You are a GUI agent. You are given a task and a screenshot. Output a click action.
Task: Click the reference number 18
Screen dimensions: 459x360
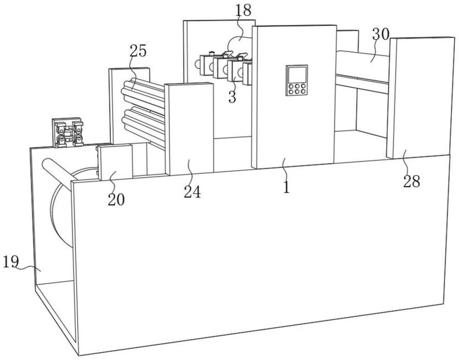(x=243, y=10)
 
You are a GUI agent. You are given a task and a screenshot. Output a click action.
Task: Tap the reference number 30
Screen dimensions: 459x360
(x=381, y=34)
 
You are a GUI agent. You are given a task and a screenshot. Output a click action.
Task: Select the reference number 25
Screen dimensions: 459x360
(x=138, y=51)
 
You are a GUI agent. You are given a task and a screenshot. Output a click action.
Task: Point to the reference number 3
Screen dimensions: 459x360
(x=232, y=97)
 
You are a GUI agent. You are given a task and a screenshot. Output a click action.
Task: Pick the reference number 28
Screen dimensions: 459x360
(x=412, y=182)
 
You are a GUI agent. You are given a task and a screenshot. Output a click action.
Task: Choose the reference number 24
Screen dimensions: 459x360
(x=192, y=192)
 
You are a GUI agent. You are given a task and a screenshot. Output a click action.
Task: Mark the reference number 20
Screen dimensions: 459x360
(x=116, y=200)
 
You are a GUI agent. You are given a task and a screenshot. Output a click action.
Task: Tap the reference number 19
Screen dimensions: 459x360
(x=11, y=262)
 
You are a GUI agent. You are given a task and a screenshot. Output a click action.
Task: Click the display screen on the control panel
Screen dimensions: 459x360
(x=297, y=75)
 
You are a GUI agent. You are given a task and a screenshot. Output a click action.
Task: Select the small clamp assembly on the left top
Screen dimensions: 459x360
(x=67, y=132)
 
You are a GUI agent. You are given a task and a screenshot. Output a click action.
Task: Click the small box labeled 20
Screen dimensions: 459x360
(x=115, y=162)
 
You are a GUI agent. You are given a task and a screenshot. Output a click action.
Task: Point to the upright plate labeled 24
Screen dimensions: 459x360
(x=189, y=129)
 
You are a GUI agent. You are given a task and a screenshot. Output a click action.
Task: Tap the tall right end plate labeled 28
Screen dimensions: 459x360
(x=419, y=97)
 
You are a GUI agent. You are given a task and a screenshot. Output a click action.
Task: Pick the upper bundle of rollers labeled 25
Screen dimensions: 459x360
(x=143, y=91)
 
